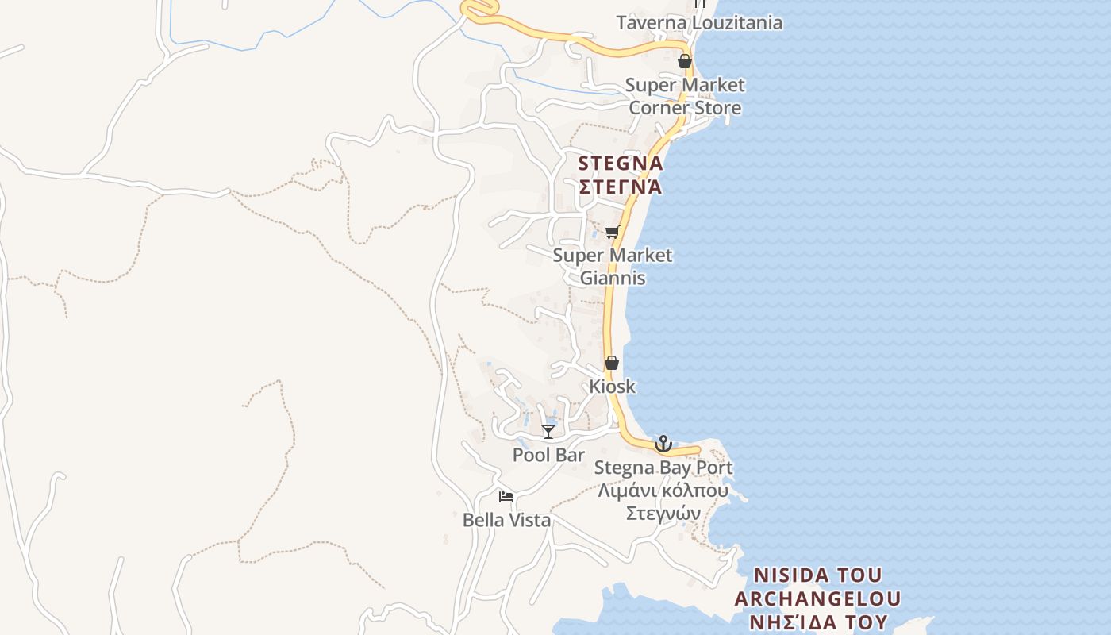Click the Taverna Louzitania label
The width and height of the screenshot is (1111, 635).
[699, 23]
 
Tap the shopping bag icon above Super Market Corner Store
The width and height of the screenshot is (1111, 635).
[685, 61]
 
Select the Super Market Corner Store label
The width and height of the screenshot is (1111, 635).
[685, 96]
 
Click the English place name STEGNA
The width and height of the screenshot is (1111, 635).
[620, 164]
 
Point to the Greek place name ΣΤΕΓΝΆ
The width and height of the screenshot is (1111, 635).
[620, 187]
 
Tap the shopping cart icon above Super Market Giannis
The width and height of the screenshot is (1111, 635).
[612, 232]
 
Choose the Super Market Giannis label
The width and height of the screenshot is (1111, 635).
[612, 267]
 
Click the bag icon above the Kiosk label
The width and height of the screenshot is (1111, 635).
[612, 363]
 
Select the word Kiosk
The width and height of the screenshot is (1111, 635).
[612, 387]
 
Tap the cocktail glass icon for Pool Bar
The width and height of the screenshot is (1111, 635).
[548, 431]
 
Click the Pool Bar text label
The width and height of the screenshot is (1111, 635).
[548, 456]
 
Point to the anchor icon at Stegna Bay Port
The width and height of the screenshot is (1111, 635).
[663, 444]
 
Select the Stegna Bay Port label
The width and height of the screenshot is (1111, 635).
[663, 468]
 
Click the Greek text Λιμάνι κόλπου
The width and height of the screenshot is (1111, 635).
[663, 491]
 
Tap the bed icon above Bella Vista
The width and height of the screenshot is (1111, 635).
[506, 497]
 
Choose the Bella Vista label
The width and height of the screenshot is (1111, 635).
[506, 521]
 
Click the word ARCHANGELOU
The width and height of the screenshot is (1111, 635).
[818, 598]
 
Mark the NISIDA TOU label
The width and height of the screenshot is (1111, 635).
[818, 575]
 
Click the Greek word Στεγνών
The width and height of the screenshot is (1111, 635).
[663, 514]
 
